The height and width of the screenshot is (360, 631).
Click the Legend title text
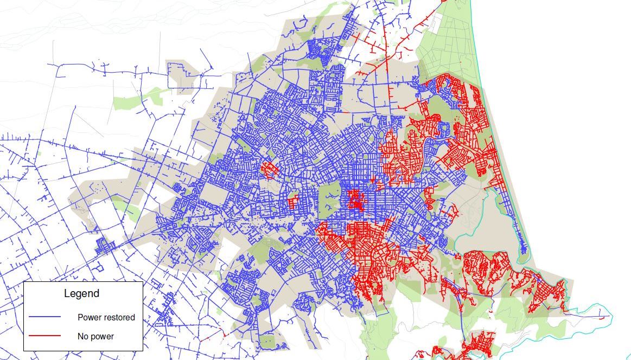coord(81,294)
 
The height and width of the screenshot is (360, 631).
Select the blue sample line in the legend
coord(44,317)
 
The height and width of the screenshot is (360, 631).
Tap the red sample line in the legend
coord(44,336)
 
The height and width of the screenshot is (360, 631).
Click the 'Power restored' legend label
coord(106,317)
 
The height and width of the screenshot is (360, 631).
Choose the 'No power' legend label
coord(95,336)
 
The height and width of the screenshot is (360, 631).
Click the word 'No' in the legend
coord(83,336)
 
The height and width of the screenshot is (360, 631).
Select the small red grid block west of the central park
coord(293,202)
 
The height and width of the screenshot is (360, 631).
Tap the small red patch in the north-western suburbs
coord(269,169)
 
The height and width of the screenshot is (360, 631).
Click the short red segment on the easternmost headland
coord(602,316)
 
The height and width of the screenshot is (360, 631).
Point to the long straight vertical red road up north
coord(386,65)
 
